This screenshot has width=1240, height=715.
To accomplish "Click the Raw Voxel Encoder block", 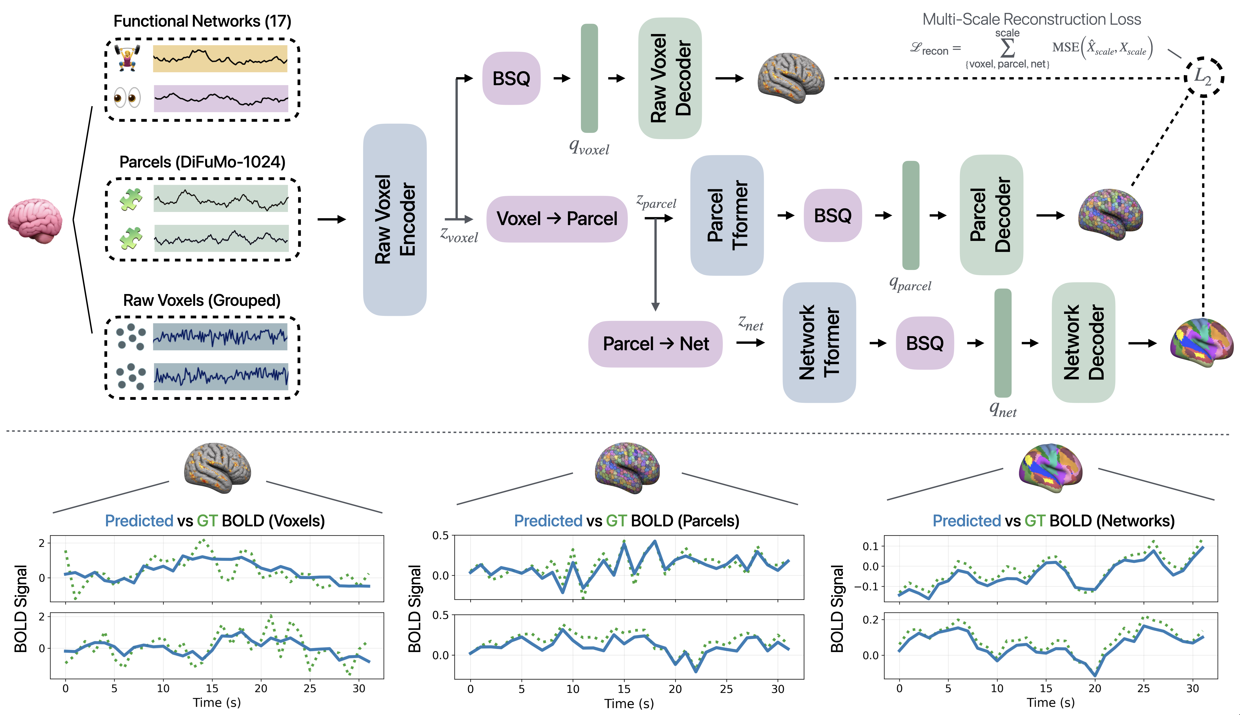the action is pos(395,220).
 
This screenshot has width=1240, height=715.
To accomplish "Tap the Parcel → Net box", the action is pos(655,344).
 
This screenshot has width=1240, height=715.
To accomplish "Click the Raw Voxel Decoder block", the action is pos(670,78).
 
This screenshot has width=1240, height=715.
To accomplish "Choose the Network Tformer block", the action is pos(819,342).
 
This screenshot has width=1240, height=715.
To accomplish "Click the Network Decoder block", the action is pos(1083,342).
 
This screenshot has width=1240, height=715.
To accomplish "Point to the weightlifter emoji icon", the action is pos(127,58).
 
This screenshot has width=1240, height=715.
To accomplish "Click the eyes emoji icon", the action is pos(127,97).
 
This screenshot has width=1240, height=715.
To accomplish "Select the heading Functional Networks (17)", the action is pos(202,21).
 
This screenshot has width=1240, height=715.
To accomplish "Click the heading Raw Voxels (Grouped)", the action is pos(202,300).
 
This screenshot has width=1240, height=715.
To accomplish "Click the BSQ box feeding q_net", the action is pos(925,343).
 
